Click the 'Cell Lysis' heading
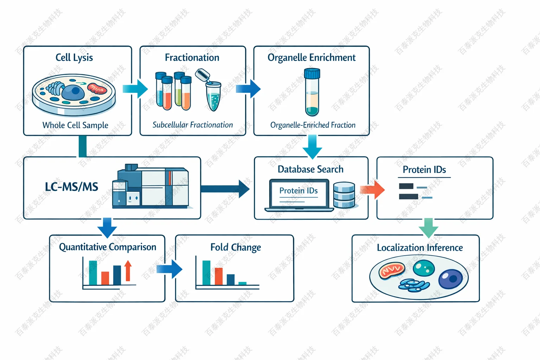pos(74,57)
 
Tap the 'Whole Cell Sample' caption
pos(75,125)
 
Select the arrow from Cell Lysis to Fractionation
pos(135,89)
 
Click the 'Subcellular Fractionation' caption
pos(193,125)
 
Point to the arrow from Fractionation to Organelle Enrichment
pos(249,88)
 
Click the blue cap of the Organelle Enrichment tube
pos(312,73)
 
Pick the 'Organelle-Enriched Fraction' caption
pos(313,125)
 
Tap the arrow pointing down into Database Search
pos(312,146)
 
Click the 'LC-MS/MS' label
pos(71,187)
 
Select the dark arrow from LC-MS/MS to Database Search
pos(225,189)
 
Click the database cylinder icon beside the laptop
pos(344,195)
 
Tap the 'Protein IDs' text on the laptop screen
pos(298,191)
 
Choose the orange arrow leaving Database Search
pos(372,189)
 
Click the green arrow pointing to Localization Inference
pos(428,227)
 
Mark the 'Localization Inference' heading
pos(420,247)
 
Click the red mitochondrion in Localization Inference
pos(392,270)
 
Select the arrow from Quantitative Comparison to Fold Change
pos(169,269)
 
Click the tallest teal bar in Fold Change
pos(206,272)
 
